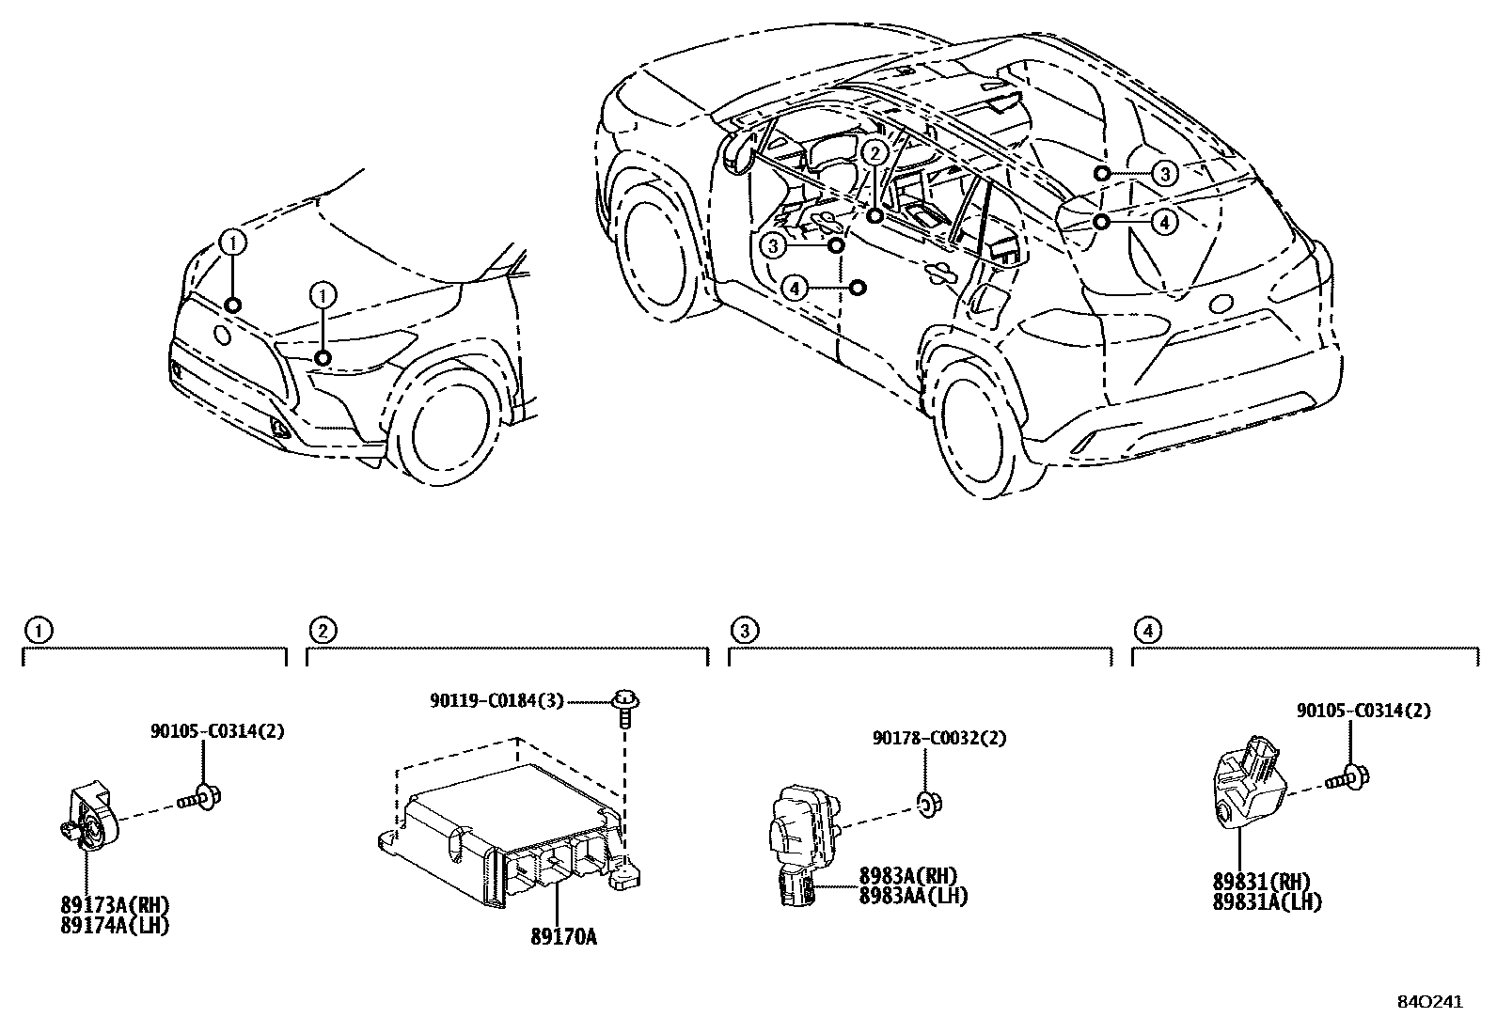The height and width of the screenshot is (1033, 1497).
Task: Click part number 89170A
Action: (x=563, y=937)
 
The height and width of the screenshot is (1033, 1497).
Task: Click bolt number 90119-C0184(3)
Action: (x=496, y=700)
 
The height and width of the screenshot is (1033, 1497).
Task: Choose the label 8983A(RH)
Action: (x=907, y=877)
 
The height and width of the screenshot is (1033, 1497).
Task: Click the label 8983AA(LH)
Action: (x=912, y=896)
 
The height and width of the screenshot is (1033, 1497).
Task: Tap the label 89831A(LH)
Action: (x=1267, y=901)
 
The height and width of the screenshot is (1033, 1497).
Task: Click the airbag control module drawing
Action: (x=508, y=837)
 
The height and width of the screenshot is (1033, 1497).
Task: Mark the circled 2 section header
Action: (x=322, y=630)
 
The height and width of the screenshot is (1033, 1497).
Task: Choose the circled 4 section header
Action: (x=1147, y=630)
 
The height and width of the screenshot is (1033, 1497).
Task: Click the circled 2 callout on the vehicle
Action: (x=875, y=153)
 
